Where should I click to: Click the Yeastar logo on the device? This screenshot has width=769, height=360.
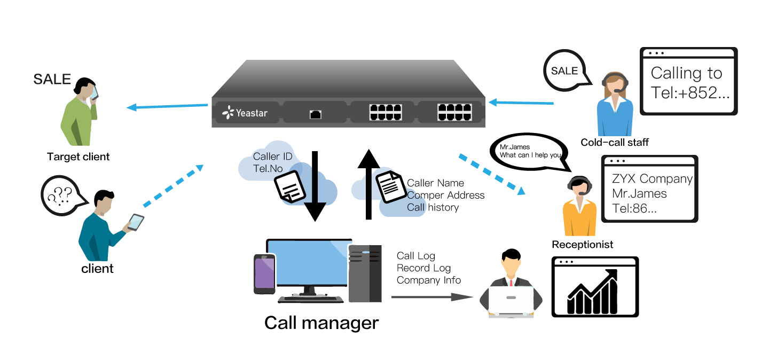tap(245, 113)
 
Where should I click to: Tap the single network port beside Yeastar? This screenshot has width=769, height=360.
tap(316, 114)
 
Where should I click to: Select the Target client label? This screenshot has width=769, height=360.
tap(78, 157)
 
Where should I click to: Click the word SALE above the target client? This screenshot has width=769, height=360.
tap(52, 80)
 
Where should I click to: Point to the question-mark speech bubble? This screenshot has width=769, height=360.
tap(61, 195)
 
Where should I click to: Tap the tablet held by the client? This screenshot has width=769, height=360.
tap(136, 222)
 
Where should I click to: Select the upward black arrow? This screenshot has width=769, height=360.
tap(368, 184)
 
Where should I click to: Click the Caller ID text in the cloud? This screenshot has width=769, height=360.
tap(273, 156)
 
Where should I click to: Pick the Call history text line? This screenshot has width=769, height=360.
tap(433, 207)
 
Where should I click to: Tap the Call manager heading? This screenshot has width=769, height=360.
tap(321, 323)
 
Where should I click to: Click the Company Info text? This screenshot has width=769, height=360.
tap(428, 280)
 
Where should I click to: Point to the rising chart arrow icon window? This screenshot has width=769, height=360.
tap(595, 287)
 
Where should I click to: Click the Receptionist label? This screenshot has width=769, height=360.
tap(582, 245)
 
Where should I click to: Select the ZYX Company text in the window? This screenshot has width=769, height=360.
tap(652, 178)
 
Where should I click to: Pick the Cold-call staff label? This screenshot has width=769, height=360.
tap(615, 142)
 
